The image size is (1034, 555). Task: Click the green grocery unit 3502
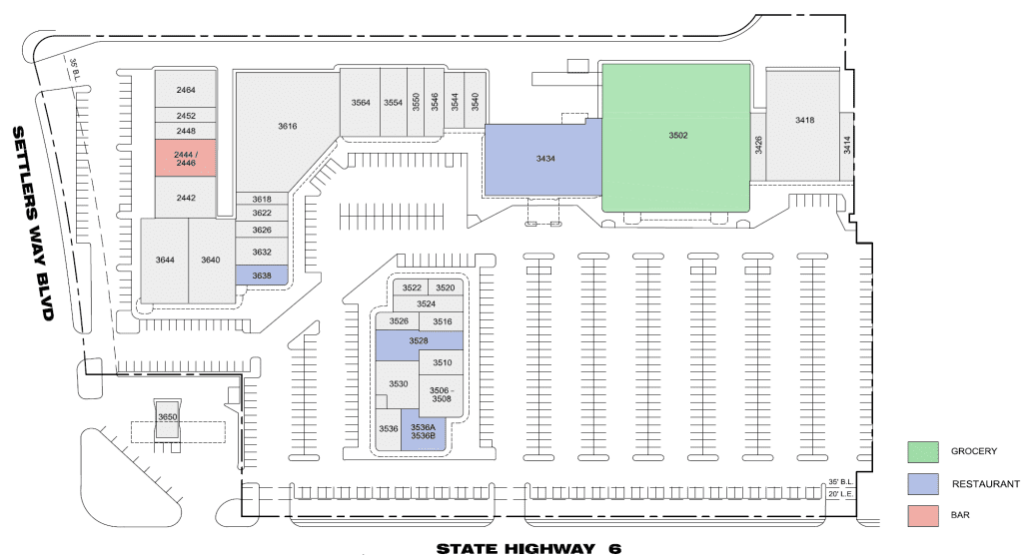pyautogui.click(x=676, y=137)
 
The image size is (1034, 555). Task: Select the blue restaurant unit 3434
pyautogui.click(x=543, y=158)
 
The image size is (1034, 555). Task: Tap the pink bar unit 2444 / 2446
pyautogui.click(x=185, y=158)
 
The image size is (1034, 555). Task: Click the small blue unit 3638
pyautogui.click(x=262, y=276)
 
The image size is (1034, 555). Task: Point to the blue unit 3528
pyautogui.click(x=419, y=340)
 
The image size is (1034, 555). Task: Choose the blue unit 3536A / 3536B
pyautogui.click(x=424, y=431)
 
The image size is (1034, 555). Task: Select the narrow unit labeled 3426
pyautogui.click(x=758, y=146)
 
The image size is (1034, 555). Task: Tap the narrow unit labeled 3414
pyautogui.click(x=847, y=146)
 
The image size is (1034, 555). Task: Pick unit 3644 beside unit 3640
pyautogui.click(x=165, y=261)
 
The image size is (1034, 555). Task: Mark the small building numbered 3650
pyautogui.click(x=168, y=418)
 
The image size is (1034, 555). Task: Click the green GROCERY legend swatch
pyautogui.click(x=923, y=452)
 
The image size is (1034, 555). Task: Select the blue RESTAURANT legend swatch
pyautogui.click(x=923, y=484)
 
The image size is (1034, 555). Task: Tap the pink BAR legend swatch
pyautogui.click(x=923, y=516)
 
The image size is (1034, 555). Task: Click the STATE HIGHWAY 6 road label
pyautogui.click(x=528, y=548)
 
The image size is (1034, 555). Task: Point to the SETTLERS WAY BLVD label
pyautogui.click(x=33, y=225)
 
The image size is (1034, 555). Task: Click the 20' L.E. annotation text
pyautogui.click(x=841, y=494)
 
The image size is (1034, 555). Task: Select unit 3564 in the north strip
pyautogui.click(x=360, y=103)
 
